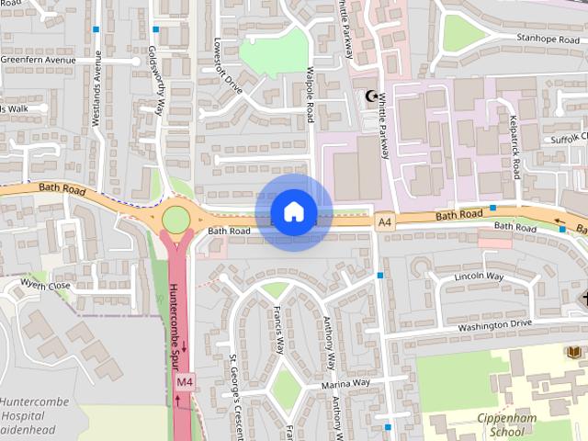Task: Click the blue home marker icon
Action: point(293,212)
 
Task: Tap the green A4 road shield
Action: point(384,221)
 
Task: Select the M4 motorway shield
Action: point(184,381)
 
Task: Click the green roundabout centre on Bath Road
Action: point(175,220)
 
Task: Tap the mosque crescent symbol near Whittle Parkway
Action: point(371,96)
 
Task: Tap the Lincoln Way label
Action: point(479,277)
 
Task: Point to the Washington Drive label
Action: point(494,324)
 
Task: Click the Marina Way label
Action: point(345,382)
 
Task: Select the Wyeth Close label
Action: point(45,286)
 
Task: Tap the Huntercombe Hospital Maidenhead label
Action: point(32,415)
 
